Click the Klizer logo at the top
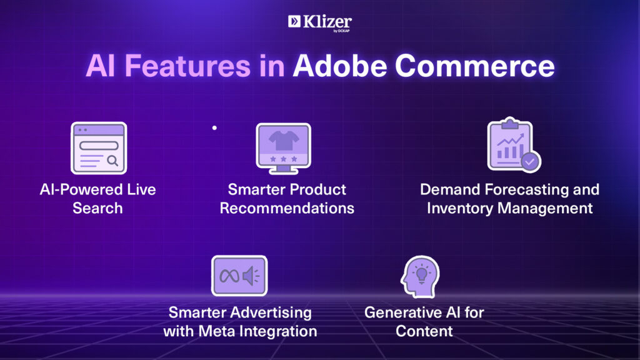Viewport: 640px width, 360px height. (319, 23)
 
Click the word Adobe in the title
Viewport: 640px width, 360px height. (339, 66)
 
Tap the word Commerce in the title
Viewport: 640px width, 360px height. (475, 66)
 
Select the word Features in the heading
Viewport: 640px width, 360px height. (187, 66)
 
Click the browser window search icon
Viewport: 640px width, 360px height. (99, 148)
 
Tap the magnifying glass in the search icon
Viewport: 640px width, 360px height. (112, 161)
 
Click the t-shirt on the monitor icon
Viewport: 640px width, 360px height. (284, 140)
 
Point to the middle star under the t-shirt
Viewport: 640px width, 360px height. (284, 159)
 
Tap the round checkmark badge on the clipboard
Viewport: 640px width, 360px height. (530, 162)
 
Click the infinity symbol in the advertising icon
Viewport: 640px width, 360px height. (229, 276)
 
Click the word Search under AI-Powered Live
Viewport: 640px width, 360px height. (97, 208)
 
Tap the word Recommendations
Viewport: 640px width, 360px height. (287, 208)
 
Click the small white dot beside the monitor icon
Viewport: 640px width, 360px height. (214, 127)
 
